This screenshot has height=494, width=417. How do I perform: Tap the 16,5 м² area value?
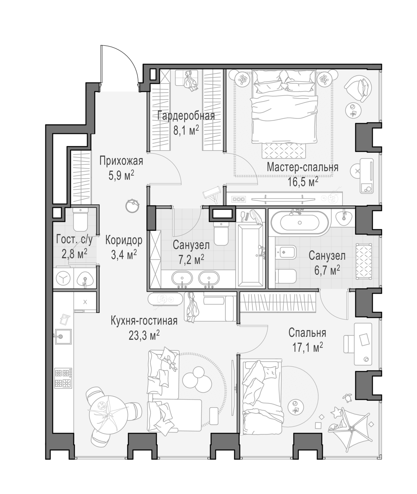[x=303, y=182]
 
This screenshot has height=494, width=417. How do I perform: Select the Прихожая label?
[x=121, y=161]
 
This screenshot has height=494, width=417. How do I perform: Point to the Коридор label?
[x=124, y=240]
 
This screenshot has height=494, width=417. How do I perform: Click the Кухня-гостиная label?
[x=144, y=321]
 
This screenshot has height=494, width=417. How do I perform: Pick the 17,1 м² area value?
[x=308, y=348]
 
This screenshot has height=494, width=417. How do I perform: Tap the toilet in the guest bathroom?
[x=81, y=219]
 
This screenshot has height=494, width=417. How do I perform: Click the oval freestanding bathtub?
[x=300, y=223]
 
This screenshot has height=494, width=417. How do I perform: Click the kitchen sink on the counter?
[x=62, y=336]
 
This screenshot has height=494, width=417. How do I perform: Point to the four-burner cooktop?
[x=63, y=378]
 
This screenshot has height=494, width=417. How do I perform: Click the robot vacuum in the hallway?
[x=132, y=206]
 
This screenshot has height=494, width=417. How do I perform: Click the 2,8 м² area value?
[x=75, y=254]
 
